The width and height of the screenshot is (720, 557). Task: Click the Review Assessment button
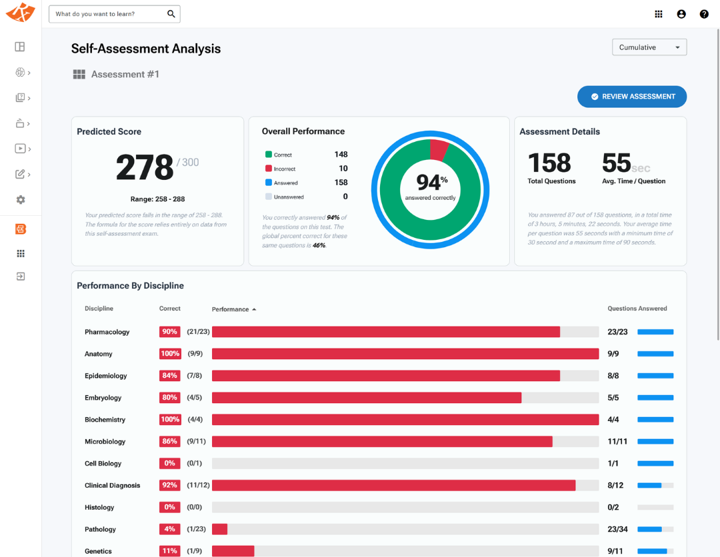632,97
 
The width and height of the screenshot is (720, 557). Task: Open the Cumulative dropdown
649,47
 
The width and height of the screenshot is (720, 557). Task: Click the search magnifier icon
171,14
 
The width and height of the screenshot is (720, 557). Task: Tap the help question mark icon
704,14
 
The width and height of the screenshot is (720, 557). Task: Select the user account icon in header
681,14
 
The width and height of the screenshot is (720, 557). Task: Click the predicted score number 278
145,167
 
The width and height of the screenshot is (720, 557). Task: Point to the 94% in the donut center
431,182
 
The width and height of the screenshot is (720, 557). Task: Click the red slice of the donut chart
438,149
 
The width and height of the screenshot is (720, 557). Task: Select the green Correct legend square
269,154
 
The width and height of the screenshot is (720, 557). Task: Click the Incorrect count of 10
343,169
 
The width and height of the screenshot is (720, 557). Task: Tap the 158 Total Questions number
549,163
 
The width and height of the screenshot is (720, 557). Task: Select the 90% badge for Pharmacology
169,332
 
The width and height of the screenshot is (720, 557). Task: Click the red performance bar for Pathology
219,529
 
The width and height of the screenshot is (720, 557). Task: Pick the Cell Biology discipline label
103,464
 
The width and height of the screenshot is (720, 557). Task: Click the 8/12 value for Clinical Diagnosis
615,486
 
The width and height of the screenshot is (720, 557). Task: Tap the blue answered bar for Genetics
652,551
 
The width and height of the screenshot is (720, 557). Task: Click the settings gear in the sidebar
21,200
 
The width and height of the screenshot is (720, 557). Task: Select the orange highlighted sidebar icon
21,229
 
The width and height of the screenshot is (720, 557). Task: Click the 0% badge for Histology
169,507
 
